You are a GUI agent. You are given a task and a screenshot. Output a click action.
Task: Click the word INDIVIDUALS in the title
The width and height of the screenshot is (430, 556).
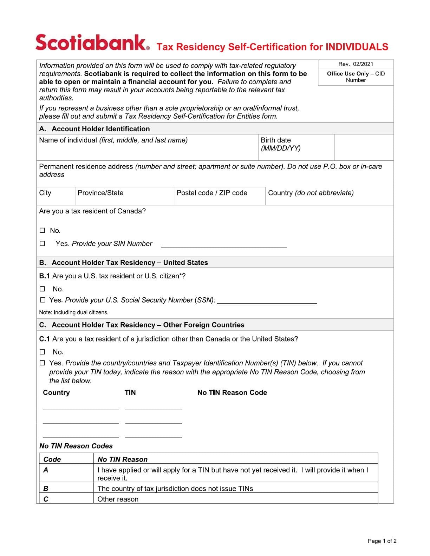[357, 47]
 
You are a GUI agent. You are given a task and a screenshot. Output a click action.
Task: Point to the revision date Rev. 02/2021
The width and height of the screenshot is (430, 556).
[356, 64]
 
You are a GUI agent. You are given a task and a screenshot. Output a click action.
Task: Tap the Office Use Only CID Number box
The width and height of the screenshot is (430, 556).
[356, 77]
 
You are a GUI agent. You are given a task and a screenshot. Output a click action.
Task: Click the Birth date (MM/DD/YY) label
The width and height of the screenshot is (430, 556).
[280, 144]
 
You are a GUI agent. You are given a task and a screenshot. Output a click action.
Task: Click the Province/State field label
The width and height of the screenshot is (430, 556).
[100, 193]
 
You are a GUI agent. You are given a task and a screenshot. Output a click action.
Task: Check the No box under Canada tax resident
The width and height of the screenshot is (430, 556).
[43, 231]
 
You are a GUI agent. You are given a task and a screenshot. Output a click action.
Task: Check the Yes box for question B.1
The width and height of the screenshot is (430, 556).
[43, 300]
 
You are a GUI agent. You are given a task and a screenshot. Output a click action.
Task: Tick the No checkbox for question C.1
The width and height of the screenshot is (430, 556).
[43, 352]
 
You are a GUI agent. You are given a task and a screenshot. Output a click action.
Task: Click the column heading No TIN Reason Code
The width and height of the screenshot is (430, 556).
[232, 392]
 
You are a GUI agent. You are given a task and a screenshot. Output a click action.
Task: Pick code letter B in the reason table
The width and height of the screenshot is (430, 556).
[46, 488]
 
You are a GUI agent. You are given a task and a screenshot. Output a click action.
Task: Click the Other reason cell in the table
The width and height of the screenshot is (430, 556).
[118, 499]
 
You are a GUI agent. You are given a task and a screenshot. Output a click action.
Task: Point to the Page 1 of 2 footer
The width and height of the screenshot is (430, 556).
[382, 541]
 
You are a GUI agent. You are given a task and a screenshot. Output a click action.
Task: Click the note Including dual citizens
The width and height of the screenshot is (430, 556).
[74, 312]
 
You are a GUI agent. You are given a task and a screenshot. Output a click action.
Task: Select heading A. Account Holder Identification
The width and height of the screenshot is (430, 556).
[95, 128]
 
